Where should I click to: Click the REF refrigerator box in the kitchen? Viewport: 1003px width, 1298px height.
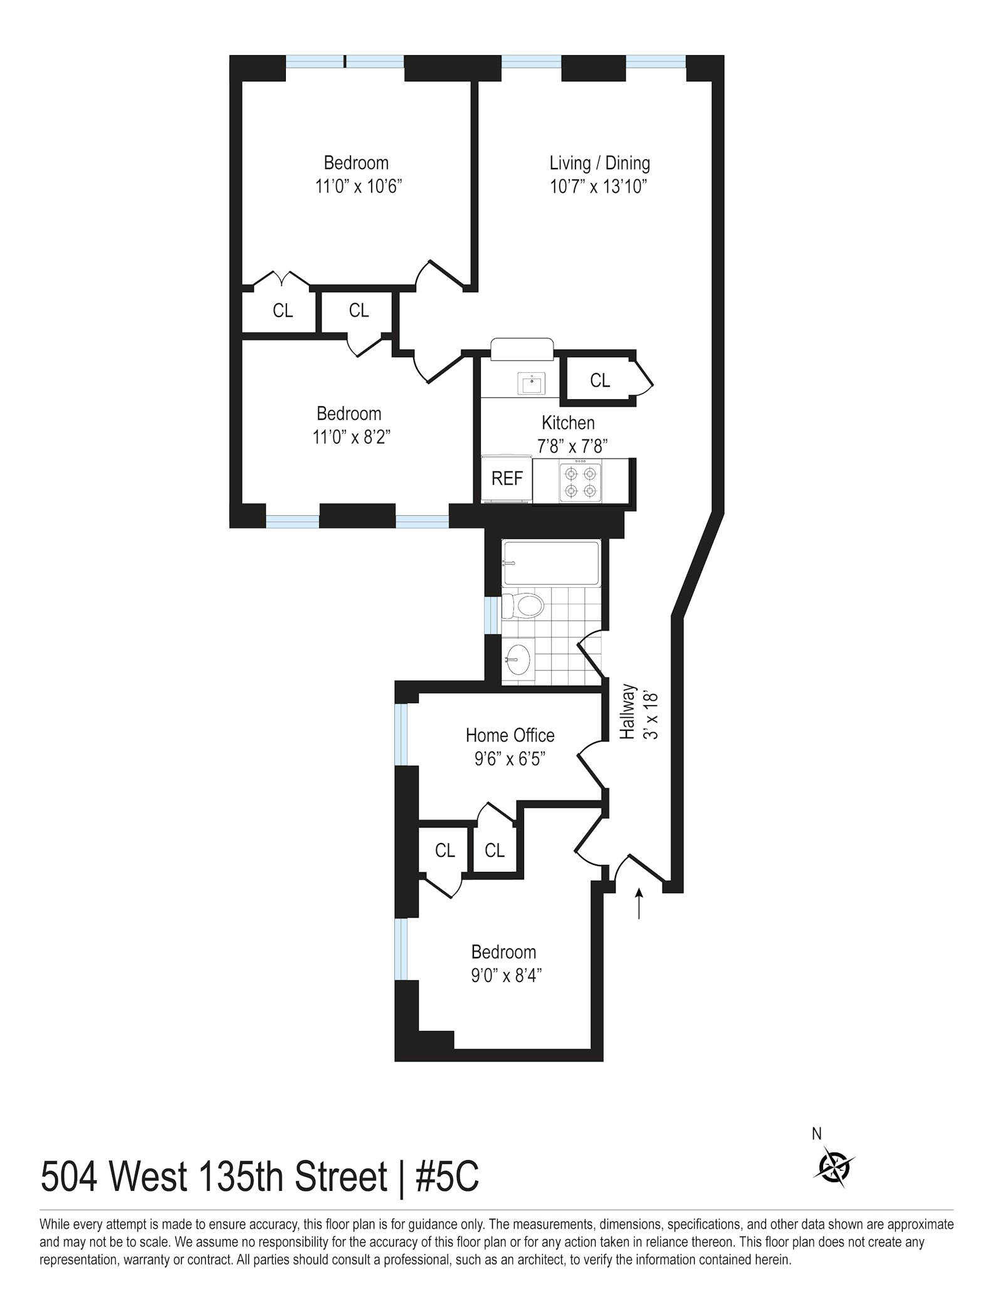pyautogui.click(x=507, y=479)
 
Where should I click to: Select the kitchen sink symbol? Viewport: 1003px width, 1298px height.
pyautogui.click(x=531, y=383)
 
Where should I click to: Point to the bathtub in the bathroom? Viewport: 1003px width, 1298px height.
pyautogui.click(x=551, y=563)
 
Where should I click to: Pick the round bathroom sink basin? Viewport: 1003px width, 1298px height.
pyautogui.click(x=518, y=660)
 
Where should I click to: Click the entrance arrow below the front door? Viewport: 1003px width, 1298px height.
pyautogui.click(x=639, y=903)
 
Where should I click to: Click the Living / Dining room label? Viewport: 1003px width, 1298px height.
pyautogui.click(x=599, y=164)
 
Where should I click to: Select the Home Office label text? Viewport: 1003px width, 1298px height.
pyautogui.click(x=510, y=735)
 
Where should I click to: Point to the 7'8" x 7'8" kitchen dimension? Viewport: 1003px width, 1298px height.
pyautogui.click(x=572, y=446)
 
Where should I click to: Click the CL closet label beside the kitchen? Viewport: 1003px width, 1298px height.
pyautogui.click(x=600, y=380)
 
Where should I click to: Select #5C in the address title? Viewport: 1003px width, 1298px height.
pyautogui.click(x=448, y=1177)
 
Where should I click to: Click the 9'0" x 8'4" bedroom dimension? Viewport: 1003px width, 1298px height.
pyautogui.click(x=506, y=976)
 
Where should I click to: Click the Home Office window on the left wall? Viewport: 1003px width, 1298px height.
pyautogui.click(x=401, y=734)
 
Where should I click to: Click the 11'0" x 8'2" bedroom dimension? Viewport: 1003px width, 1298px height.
pyautogui.click(x=352, y=437)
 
